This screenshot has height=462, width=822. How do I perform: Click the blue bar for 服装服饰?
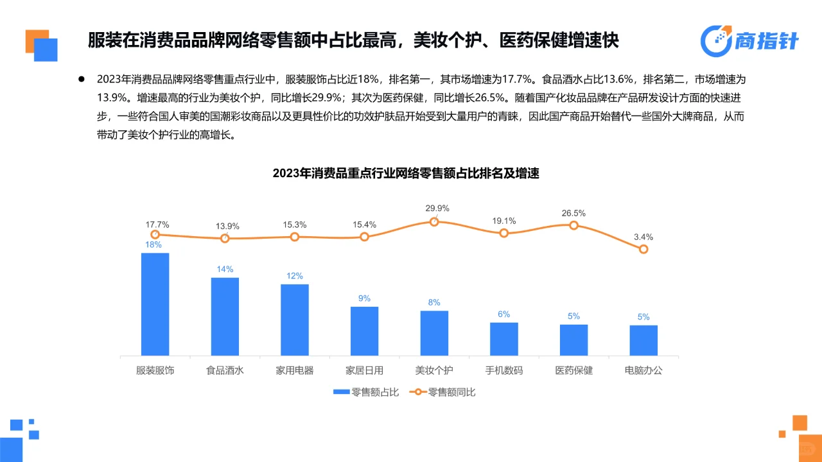[x=155, y=304]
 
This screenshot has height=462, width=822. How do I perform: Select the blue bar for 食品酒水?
[x=225, y=316]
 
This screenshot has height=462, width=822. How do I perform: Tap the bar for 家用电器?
[x=295, y=320]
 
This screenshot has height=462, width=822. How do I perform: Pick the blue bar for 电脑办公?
[x=643, y=340]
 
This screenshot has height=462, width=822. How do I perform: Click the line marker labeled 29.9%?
[x=434, y=221]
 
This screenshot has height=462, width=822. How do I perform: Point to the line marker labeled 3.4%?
[x=643, y=249]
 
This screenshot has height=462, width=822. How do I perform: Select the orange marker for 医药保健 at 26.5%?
[x=573, y=225]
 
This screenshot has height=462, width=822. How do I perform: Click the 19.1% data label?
[x=504, y=220]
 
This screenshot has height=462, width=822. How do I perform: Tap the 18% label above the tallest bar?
[x=154, y=244]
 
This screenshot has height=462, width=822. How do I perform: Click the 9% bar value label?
[x=364, y=298]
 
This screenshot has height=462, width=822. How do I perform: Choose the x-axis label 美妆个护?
[x=434, y=371]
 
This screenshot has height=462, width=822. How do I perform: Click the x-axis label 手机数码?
[x=504, y=371]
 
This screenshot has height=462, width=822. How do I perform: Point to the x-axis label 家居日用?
[x=364, y=371]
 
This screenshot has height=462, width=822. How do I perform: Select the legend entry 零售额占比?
[x=365, y=392]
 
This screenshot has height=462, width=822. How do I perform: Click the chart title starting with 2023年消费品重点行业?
[x=405, y=173]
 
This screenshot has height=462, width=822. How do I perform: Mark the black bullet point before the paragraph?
[x=82, y=80]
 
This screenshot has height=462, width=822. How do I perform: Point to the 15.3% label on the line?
[x=295, y=225]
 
